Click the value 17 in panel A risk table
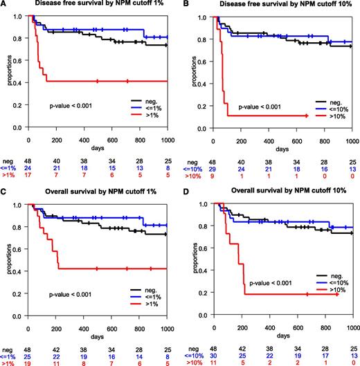[x=28, y=176]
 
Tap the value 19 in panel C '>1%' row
[x=28, y=362]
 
